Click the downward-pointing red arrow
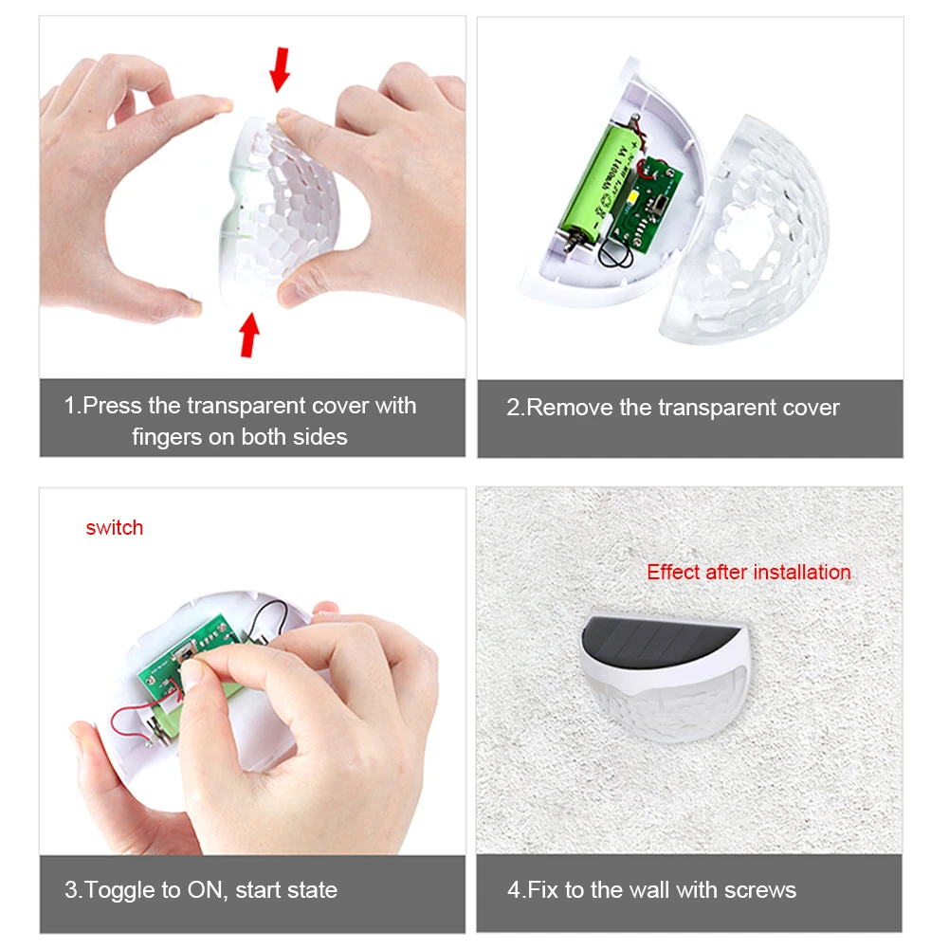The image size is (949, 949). click(280, 69)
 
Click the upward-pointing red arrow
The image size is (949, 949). click(248, 335)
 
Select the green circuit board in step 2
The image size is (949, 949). click(646, 205)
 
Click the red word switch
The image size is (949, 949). click(115, 528)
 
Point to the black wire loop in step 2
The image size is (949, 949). click(615, 252)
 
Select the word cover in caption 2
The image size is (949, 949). click(811, 408)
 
